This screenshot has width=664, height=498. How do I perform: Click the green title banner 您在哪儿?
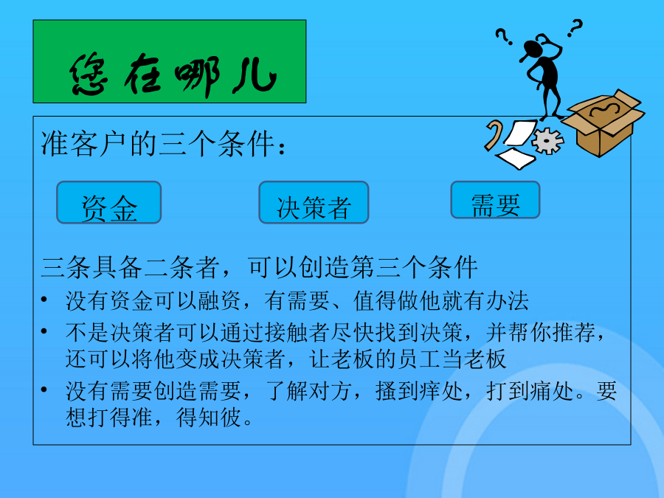170,61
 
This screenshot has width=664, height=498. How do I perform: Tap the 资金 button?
109,202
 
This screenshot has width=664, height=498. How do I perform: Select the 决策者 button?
314,202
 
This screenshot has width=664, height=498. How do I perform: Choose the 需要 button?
496,200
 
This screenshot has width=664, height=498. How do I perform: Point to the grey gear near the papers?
548,141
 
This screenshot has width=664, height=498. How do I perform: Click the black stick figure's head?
532,47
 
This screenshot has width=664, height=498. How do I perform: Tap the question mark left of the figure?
504,36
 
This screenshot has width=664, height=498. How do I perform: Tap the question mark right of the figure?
575,28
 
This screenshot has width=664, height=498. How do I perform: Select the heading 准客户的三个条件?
163,144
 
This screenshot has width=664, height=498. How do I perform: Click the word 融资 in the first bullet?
219,301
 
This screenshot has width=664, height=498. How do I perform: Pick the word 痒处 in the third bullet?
441,391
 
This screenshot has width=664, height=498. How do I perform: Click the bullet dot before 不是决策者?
44,331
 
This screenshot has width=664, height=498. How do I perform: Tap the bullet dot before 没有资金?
44,300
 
